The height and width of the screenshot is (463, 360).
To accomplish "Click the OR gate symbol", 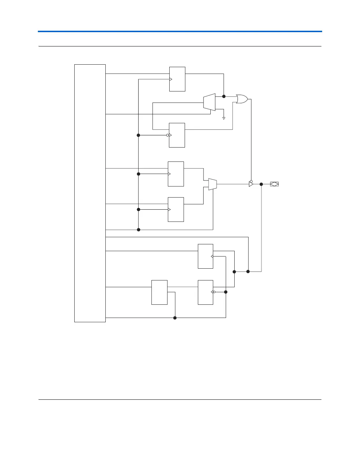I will pyautogui.click(x=242, y=99).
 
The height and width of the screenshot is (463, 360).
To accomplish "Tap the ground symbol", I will pyautogui.click(x=224, y=118).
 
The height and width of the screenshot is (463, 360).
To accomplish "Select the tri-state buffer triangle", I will pyautogui.click(x=251, y=184).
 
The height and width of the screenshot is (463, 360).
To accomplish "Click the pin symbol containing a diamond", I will pyautogui.click(x=274, y=184).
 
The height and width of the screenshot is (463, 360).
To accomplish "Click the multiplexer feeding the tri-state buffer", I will pyautogui.click(x=212, y=184).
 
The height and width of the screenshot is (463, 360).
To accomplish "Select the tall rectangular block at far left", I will pyautogui.click(x=90, y=193).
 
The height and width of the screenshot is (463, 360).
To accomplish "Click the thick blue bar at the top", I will pyautogui.click(x=180, y=31).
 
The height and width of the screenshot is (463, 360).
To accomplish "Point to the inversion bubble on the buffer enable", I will pyautogui.click(x=251, y=181).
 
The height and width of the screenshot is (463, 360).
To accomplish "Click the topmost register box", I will pyautogui.click(x=177, y=79).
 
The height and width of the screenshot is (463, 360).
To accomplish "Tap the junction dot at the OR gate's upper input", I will pyautogui.click(x=224, y=96).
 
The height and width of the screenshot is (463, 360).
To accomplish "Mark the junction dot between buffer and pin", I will pyautogui.click(x=261, y=184).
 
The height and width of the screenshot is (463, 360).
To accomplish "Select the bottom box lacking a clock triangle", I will pyautogui.click(x=159, y=292).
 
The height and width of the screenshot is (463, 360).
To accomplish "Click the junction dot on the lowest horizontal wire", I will pyautogui.click(x=175, y=318).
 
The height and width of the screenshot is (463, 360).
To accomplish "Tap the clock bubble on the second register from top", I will pyautogui.click(x=167, y=135).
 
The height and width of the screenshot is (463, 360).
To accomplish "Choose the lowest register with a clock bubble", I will pyautogui.click(x=205, y=292).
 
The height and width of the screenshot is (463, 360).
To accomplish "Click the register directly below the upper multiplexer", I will pyautogui.click(x=177, y=135).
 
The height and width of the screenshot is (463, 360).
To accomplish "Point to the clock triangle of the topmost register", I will pyautogui.click(x=171, y=79).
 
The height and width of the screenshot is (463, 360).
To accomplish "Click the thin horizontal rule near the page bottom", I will pyautogui.click(x=180, y=399).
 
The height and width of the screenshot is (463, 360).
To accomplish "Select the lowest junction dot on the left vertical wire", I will pyautogui.click(x=139, y=230).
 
